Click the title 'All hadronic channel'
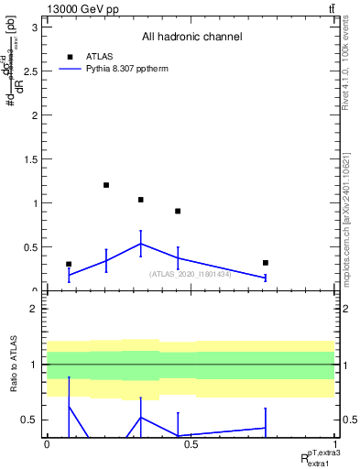[191, 38]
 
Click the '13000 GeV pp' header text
[78, 7]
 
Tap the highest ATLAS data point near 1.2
[106, 185]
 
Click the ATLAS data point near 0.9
[178, 212]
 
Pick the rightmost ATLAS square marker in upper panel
[265, 263]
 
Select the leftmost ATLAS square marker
[69, 264]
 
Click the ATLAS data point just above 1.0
[141, 200]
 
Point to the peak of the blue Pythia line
[141, 244]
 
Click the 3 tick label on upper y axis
[35, 27]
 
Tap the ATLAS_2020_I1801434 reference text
[191, 274]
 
